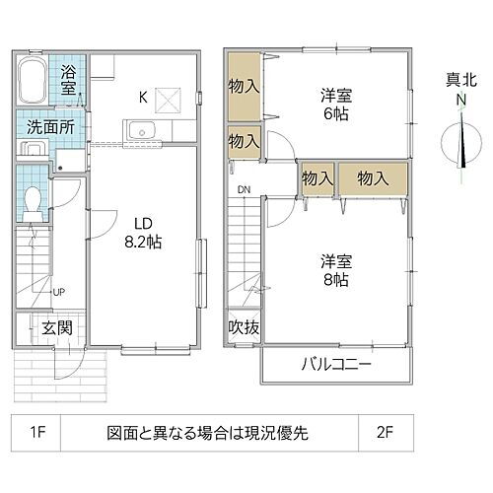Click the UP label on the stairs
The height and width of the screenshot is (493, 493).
[58, 292]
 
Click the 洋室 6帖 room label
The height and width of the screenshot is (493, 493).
[336, 105]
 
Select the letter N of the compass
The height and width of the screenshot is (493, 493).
[460, 101]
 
